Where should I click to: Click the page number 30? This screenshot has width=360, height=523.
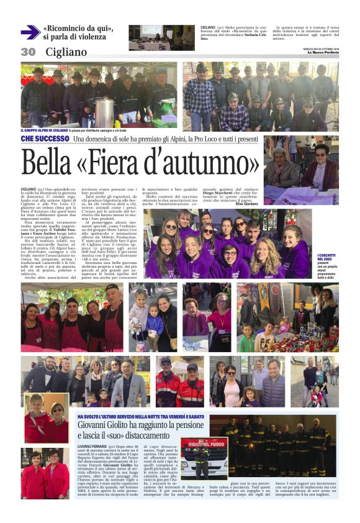[28, 52]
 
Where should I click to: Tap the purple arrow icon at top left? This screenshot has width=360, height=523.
[30, 32]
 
